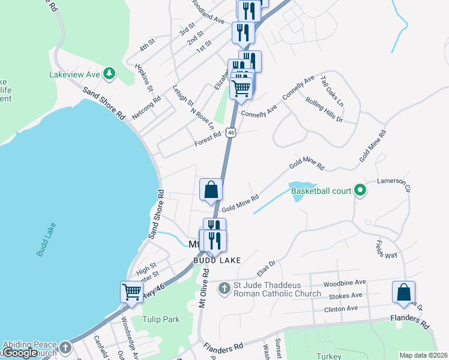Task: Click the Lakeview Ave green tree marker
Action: pos(109,74)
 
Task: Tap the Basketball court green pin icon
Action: pos(360,191)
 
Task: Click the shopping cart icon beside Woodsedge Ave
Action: pos(131,292)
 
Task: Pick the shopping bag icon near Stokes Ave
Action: pos(404,292)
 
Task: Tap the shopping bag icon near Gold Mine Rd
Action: pos(211,190)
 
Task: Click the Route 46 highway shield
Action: pos(231,132)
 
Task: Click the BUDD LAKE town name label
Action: pos(217,260)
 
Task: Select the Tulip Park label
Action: pos(160,320)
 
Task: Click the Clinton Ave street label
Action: pos(340,308)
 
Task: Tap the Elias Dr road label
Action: pos(265,263)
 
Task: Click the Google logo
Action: pos(21,353)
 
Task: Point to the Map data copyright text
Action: pos(423,355)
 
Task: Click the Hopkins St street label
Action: pos(144,78)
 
